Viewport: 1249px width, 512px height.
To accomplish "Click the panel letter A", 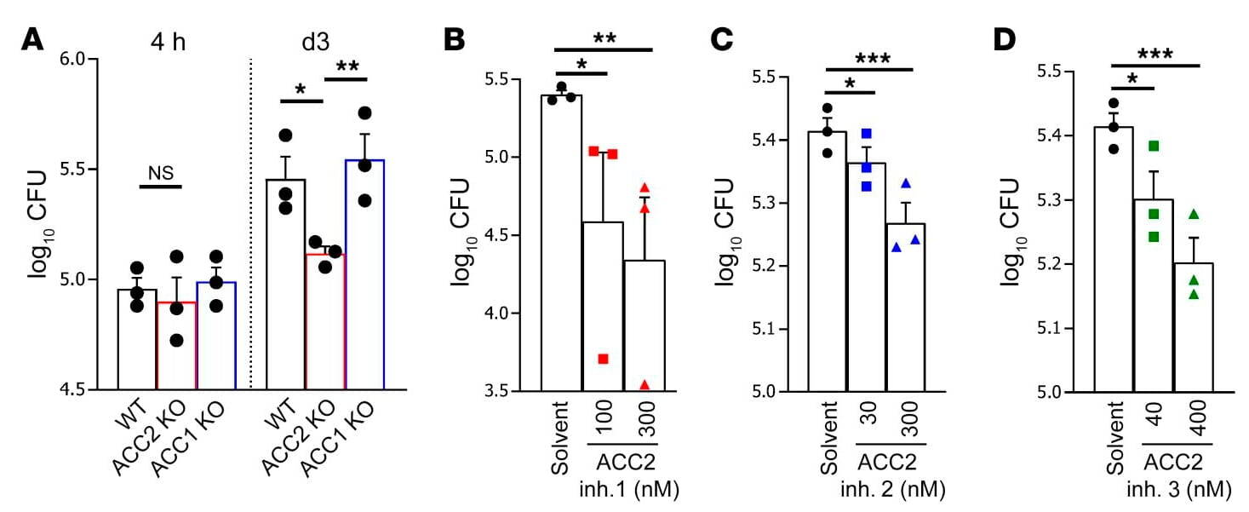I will pyautogui.click(x=32, y=39).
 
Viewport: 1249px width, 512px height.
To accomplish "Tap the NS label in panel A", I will pyautogui.click(x=160, y=173).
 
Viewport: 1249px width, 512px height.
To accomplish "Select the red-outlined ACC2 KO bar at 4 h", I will pyautogui.click(x=178, y=345).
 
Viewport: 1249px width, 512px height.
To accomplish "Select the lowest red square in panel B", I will pyautogui.click(x=603, y=359).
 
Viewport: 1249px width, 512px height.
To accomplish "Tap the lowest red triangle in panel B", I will pyautogui.click(x=645, y=385).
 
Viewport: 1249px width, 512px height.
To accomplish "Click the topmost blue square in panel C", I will pyautogui.click(x=867, y=134).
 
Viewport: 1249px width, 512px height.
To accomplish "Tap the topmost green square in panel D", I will pyautogui.click(x=1154, y=147).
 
